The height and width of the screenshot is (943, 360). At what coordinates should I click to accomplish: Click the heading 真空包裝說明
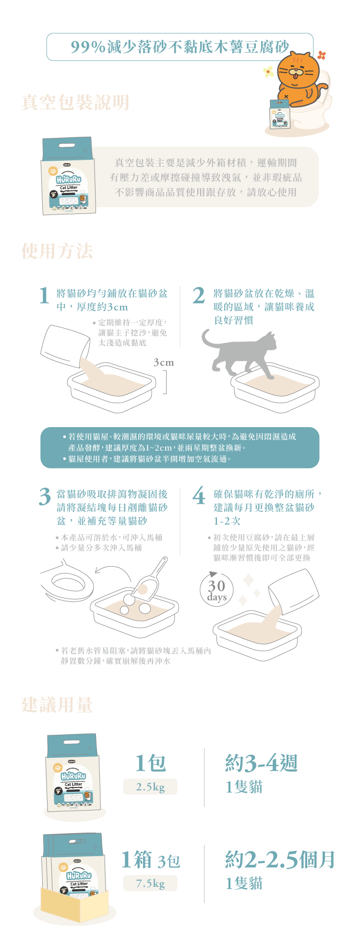coord(75,102)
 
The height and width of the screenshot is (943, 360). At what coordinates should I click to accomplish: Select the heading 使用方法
coord(57,251)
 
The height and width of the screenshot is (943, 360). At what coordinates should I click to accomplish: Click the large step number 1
coord(45,296)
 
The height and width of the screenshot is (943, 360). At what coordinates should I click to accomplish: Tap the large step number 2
coord(199,296)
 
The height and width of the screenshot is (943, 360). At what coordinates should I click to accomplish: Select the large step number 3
coord(45,497)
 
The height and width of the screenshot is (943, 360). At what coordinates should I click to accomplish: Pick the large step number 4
coord(199,497)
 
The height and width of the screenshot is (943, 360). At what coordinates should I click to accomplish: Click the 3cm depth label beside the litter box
coord(163,362)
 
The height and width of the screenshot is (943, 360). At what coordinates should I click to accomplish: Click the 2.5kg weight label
coord(150,787)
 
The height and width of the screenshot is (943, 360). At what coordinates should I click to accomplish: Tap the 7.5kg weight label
coord(150,883)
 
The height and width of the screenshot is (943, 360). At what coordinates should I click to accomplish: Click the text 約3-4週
coord(262,763)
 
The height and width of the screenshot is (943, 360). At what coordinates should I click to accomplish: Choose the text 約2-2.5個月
coord(280,859)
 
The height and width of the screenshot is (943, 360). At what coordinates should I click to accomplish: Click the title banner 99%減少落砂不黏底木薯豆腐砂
coord(180,47)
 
